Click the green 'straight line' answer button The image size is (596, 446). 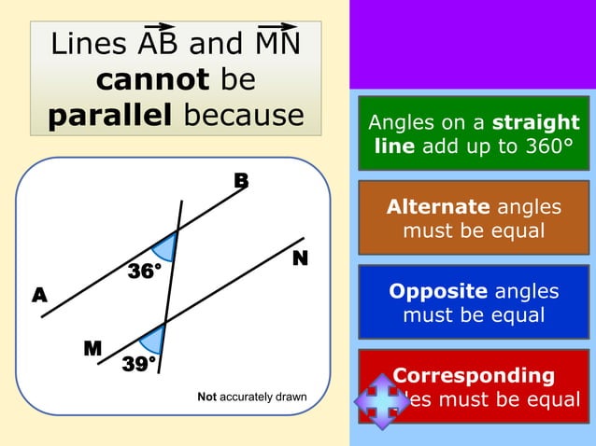(x=474, y=133)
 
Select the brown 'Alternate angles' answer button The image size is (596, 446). (x=474, y=217)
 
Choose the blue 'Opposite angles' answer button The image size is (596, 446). (x=474, y=302)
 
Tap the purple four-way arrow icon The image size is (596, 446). (x=381, y=402)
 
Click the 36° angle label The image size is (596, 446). (x=144, y=272)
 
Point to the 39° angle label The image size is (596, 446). (x=140, y=364)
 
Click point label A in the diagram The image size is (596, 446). (x=39, y=296)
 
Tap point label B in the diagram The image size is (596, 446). (x=241, y=181)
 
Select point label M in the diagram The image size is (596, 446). (x=92, y=349)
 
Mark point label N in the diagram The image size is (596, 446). (x=300, y=258)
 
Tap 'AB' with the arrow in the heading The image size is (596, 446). (x=160, y=43)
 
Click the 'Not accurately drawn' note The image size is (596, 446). (x=251, y=397)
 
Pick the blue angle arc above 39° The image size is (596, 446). (x=152, y=337)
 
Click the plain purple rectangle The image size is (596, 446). (x=472, y=44)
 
